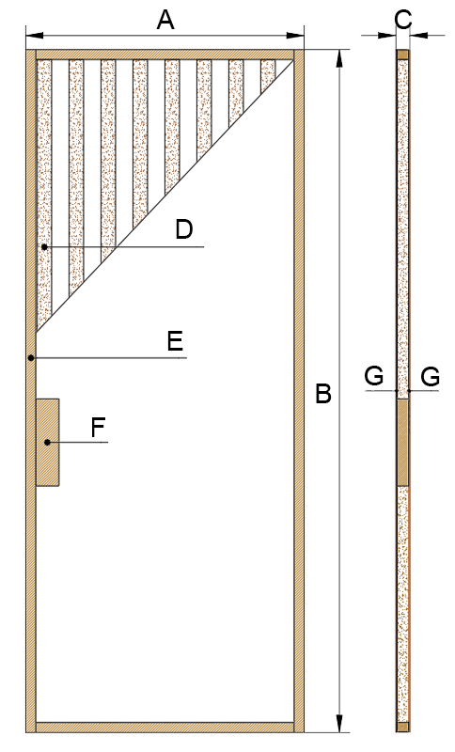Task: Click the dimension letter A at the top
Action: click(165, 21)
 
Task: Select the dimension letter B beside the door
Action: click(323, 394)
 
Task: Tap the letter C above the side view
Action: click(403, 20)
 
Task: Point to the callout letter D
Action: click(184, 229)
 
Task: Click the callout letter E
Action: click(176, 342)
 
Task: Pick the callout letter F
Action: click(99, 428)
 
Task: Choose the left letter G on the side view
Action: click(374, 376)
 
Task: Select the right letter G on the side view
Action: click(431, 377)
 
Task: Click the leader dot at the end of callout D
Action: click(44, 247)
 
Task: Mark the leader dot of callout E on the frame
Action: click(31, 358)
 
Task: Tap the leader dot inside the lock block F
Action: click(47, 442)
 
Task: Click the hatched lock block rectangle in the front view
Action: click(48, 443)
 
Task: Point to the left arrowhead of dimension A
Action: click(34, 36)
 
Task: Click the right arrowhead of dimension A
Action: click(295, 36)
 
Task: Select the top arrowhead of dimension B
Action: click(339, 58)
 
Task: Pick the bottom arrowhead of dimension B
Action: click(339, 723)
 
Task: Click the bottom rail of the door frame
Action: click(165, 728)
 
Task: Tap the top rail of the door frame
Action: click(165, 55)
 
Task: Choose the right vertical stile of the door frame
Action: click(299, 391)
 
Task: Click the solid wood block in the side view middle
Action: click(402, 442)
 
